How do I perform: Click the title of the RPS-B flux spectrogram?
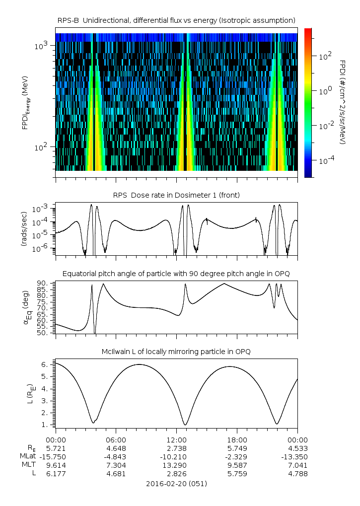(176, 20)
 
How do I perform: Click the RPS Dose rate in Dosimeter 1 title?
(176, 195)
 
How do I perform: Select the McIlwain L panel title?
(176, 352)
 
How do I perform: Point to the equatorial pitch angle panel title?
(176, 274)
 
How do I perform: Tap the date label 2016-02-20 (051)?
(176, 483)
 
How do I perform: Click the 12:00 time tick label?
(176, 439)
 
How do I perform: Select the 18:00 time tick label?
(237, 439)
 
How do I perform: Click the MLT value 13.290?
(176, 465)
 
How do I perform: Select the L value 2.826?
(176, 473)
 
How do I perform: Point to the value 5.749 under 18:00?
(237, 448)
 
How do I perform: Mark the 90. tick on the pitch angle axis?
(43, 283)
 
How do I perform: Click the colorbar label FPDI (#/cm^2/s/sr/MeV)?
(343, 102)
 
